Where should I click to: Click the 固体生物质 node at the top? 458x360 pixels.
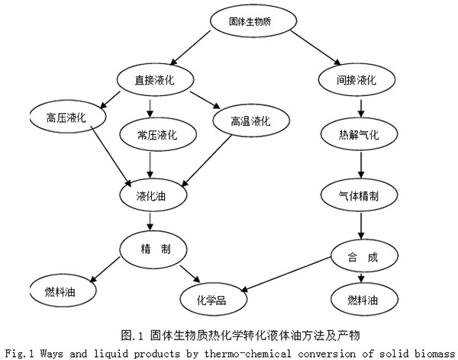point(253,21)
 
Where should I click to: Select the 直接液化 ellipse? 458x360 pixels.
point(156,79)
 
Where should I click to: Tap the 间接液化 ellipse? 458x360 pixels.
point(356,79)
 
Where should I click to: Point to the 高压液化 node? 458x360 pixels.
point(68,117)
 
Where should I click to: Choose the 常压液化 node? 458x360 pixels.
point(158,134)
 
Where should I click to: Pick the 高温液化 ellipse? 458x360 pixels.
point(251,121)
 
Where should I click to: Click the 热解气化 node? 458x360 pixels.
point(359,134)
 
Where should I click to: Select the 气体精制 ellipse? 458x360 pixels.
point(359,195)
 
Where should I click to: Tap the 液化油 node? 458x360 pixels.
point(153,195)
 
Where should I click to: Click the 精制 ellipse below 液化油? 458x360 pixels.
point(153,249)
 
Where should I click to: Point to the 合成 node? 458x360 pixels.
point(364,256)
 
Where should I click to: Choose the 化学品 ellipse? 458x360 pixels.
point(214,299)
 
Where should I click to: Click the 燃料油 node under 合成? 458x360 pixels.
point(364,299)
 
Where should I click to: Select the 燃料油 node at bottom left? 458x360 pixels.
point(63,291)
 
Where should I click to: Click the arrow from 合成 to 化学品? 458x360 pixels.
point(285,274)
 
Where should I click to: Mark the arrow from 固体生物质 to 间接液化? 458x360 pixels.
point(316,47)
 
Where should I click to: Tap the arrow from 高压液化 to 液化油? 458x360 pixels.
point(111,156)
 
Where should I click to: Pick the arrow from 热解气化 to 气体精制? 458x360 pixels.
point(361,165)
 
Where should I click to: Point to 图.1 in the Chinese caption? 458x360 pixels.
point(132,336)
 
